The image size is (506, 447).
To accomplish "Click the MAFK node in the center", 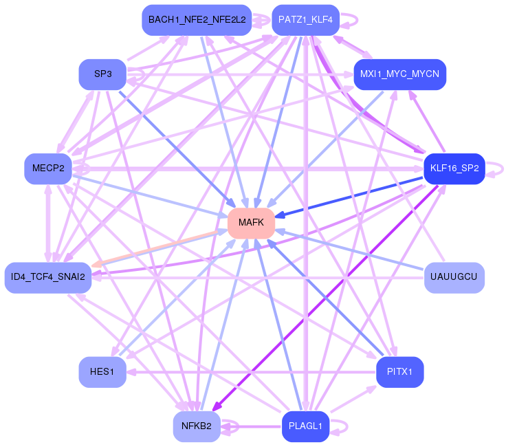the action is pyautogui.click(x=251, y=223).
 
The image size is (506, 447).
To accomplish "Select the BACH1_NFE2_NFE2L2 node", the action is pyautogui.click(x=197, y=20).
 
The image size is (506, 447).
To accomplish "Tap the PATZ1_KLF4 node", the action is pyautogui.click(x=306, y=20).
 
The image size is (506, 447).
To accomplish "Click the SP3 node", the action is pyautogui.click(x=102, y=74).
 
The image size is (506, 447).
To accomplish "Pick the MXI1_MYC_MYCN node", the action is pyautogui.click(x=400, y=74).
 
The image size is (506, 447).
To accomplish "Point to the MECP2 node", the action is pyautogui.click(x=48, y=168).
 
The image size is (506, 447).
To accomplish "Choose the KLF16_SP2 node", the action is pyautogui.click(x=454, y=168).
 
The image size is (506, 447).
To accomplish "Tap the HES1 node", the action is pyautogui.click(x=102, y=372).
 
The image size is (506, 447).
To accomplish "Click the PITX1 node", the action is pyautogui.click(x=400, y=372).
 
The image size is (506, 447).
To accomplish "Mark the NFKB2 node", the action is pyautogui.click(x=197, y=426).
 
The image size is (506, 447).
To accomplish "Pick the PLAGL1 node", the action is pyautogui.click(x=306, y=426).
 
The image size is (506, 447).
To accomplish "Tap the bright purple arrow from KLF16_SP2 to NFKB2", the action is pyautogui.click(x=325, y=298).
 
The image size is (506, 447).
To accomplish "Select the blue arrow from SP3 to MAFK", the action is pyautogui.click(x=177, y=149).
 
